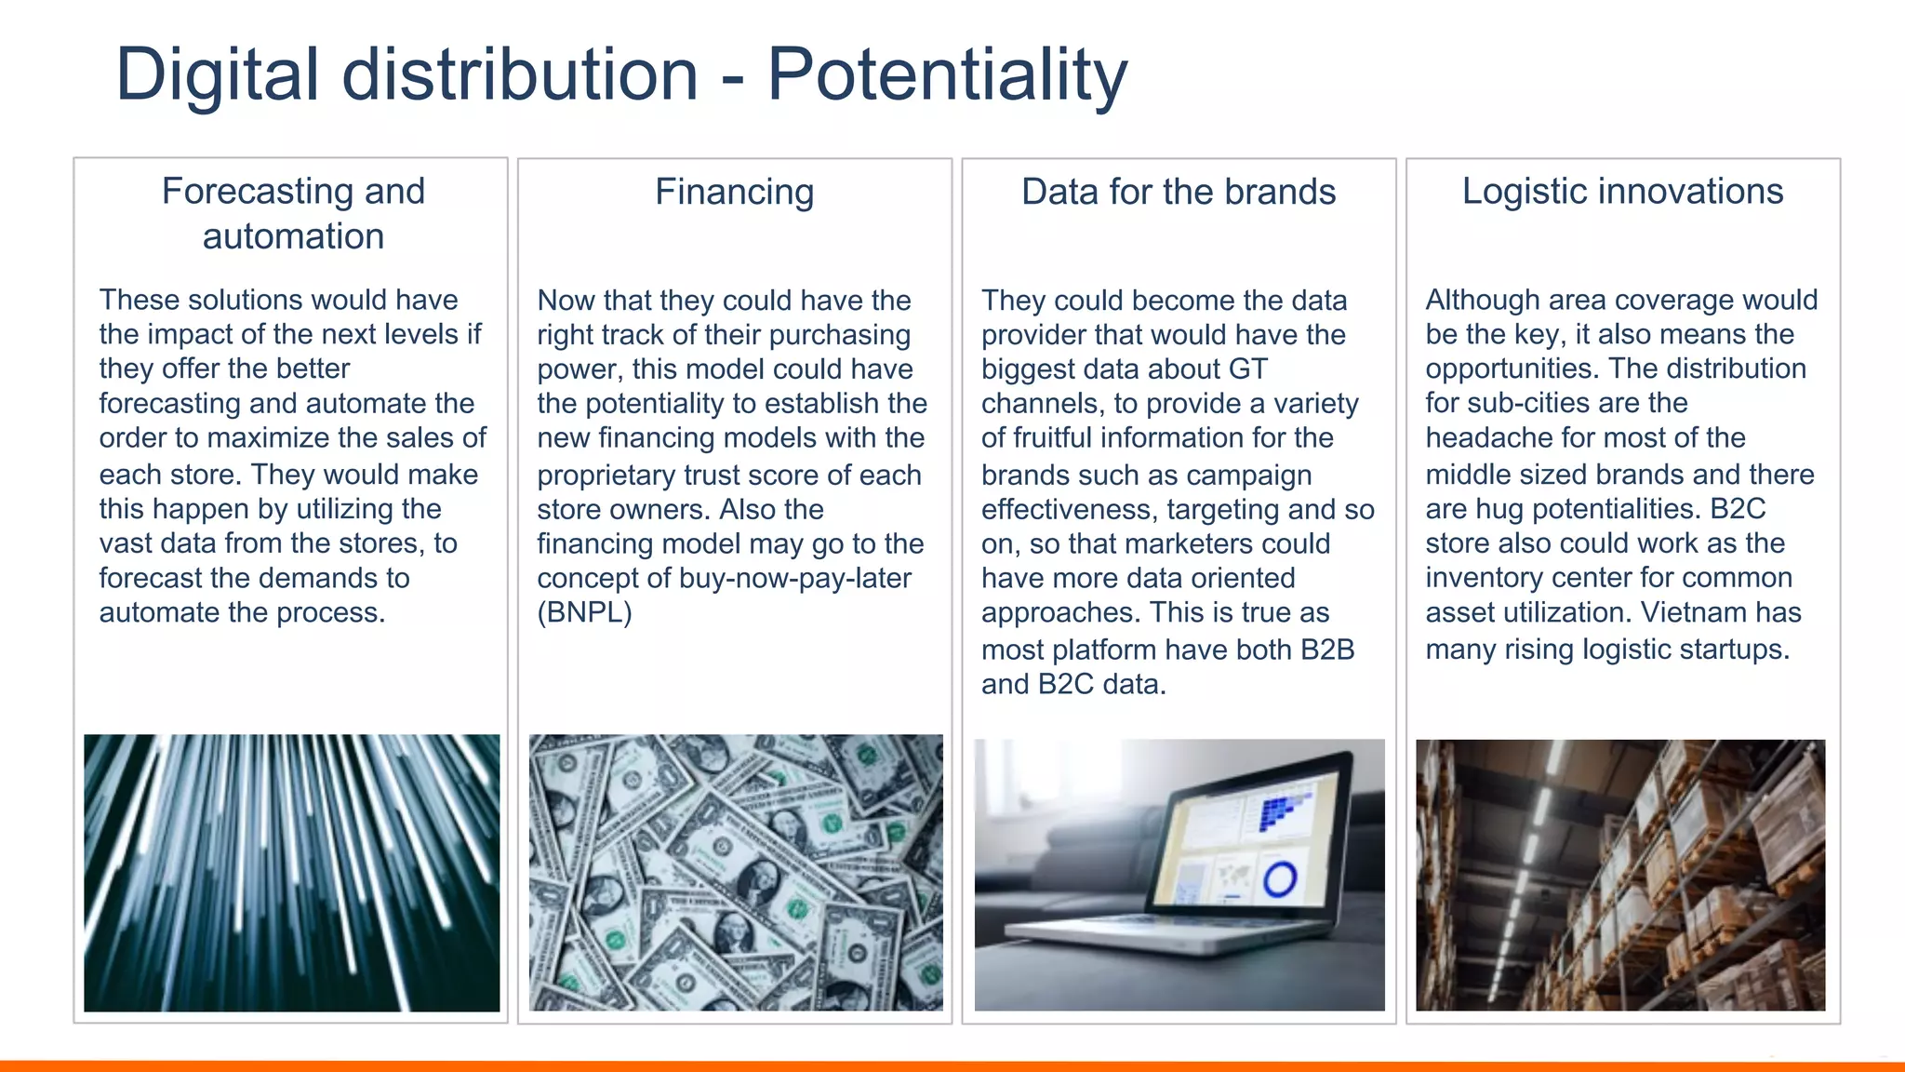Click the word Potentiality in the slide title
(x=946, y=74)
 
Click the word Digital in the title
(x=218, y=74)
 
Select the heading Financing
(x=734, y=192)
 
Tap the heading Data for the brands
(x=1178, y=192)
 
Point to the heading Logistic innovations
(x=1622, y=191)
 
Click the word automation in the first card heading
(x=293, y=236)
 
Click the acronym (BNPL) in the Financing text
(x=584, y=613)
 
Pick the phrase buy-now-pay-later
(x=794, y=578)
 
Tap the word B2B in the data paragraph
(x=1326, y=650)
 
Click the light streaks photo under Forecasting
(x=291, y=872)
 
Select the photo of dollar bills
(x=735, y=872)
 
